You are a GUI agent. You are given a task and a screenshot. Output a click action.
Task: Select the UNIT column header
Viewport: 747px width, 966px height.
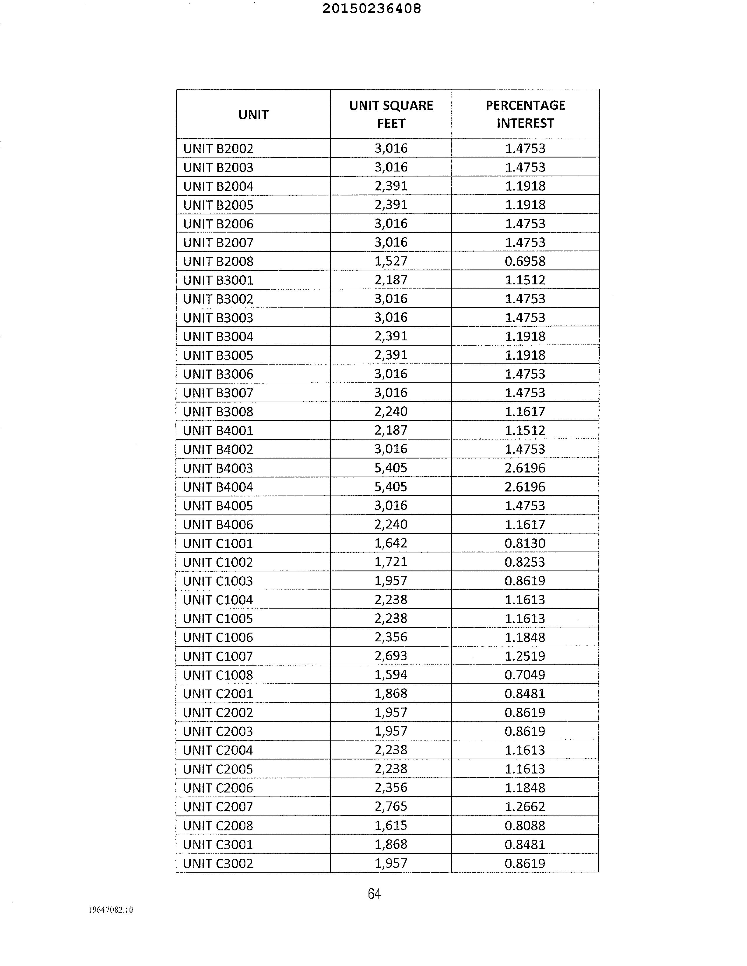tap(253, 115)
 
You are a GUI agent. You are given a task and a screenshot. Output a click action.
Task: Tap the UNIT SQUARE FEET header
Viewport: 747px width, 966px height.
tap(391, 114)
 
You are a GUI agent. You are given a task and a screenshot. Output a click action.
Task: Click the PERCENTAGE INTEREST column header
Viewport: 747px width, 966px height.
tap(525, 114)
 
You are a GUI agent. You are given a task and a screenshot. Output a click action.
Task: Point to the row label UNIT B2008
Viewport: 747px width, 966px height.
tap(218, 261)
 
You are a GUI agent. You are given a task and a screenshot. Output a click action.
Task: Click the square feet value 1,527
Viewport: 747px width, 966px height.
tap(391, 261)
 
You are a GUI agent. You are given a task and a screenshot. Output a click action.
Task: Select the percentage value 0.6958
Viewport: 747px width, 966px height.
tap(525, 261)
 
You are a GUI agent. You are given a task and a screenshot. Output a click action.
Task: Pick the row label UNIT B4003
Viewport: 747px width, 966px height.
tap(218, 468)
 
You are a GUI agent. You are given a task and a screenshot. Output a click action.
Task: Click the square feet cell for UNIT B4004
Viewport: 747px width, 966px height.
tap(391, 487)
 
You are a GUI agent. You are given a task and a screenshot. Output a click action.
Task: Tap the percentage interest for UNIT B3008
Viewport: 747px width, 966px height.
tap(525, 411)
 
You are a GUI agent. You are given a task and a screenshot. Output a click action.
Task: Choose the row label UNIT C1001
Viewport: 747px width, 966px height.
tap(218, 543)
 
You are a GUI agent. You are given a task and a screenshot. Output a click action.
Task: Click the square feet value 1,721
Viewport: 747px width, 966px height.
tap(391, 562)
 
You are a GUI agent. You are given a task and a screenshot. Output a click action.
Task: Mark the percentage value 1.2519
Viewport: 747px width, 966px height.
tap(525, 656)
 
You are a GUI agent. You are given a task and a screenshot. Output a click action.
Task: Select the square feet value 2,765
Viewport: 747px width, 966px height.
tap(391, 806)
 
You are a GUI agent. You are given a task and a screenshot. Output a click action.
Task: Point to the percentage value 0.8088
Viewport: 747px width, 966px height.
tap(525, 825)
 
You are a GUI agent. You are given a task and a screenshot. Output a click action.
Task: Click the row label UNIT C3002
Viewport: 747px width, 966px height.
tap(218, 863)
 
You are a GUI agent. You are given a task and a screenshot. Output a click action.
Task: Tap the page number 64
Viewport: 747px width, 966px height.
tap(374, 894)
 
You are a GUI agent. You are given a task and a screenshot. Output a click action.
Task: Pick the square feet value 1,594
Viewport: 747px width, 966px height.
tap(391, 675)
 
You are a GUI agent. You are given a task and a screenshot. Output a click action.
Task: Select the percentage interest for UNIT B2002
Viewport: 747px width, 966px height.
tap(525, 148)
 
